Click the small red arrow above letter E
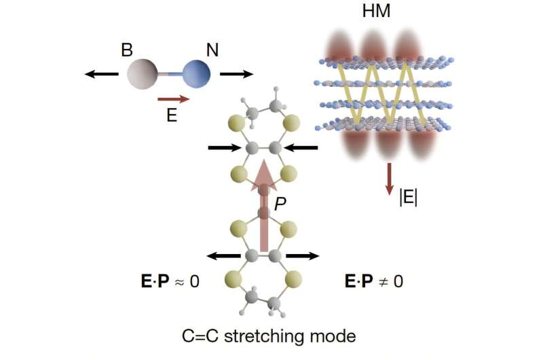173,99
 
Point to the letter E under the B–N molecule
172,115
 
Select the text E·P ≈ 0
167,281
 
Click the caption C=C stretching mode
269,335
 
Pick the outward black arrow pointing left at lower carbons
225,256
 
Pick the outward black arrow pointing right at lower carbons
302,256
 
